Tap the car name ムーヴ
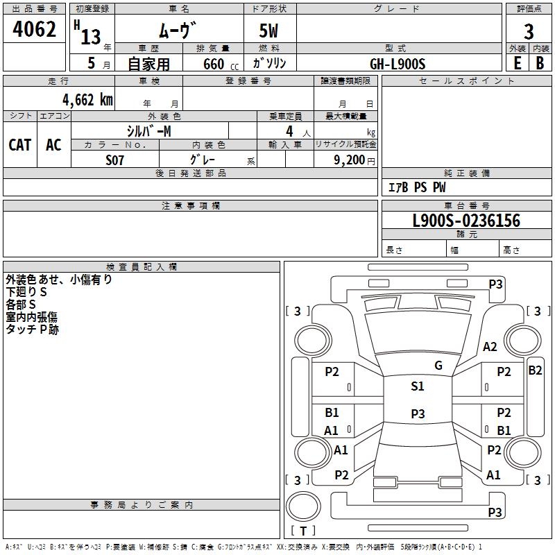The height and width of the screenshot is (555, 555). [x=178, y=31]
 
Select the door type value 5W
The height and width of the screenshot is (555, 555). [x=270, y=31]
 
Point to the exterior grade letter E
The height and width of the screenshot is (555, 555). [x=518, y=62]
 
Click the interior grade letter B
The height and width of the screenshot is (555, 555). [x=540, y=62]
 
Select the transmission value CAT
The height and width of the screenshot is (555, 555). [x=20, y=145]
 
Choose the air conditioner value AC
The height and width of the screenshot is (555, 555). [x=53, y=145]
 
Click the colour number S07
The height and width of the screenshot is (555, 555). [x=115, y=160]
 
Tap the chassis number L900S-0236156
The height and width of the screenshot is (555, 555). [x=466, y=221]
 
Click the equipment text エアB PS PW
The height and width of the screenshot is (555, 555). [x=416, y=187]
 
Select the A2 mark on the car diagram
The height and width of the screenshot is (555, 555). [x=490, y=347]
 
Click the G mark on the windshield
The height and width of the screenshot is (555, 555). [x=438, y=365]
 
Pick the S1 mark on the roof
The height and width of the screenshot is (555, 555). [x=417, y=386]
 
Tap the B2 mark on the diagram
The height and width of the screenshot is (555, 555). [x=535, y=370]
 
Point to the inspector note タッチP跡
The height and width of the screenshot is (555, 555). [x=33, y=330]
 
